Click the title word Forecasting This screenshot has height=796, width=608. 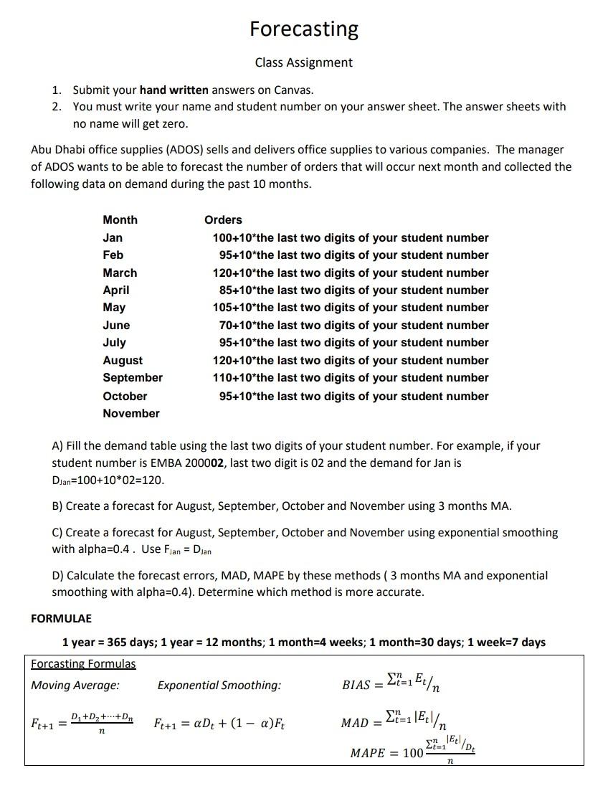pyautogui.click(x=304, y=29)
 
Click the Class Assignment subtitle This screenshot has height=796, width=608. pyautogui.click(x=304, y=62)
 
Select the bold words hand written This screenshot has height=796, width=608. pyautogui.click(x=174, y=90)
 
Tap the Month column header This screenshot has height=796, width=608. pyautogui.click(x=120, y=219)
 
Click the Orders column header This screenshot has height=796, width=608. pyautogui.click(x=223, y=219)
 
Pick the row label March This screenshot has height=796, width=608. pyautogui.click(x=120, y=273)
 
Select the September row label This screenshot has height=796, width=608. pyautogui.click(x=133, y=377)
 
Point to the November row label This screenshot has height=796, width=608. pyautogui.click(x=131, y=413)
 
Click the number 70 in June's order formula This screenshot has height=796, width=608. pyautogui.click(x=226, y=325)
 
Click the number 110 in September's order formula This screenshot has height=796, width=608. pyautogui.click(x=223, y=377)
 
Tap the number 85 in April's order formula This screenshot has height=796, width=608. pyautogui.click(x=226, y=290)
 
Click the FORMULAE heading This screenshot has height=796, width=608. pyautogui.click(x=61, y=618)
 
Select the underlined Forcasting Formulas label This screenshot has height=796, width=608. pyautogui.click(x=83, y=663)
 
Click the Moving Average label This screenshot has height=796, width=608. pyautogui.click(x=75, y=685)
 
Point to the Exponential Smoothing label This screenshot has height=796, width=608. pyautogui.click(x=219, y=685)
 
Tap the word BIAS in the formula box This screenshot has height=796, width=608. pyautogui.click(x=356, y=685)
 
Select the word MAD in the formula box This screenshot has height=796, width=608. pyautogui.click(x=354, y=722)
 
